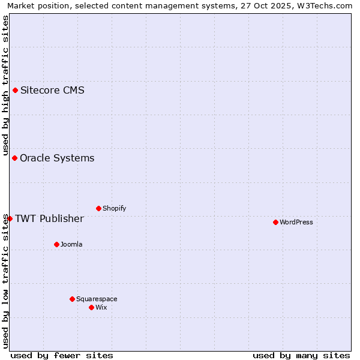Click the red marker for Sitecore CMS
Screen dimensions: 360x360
click(15, 91)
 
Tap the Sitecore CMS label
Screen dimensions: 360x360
click(52, 91)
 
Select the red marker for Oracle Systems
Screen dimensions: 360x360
click(14, 158)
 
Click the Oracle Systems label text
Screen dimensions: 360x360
click(57, 158)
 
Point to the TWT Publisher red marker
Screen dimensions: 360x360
click(10, 218)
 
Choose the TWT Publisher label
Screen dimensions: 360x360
click(49, 218)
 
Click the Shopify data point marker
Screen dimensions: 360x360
click(98, 209)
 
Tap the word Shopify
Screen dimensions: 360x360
click(114, 209)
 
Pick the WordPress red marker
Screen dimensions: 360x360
click(275, 223)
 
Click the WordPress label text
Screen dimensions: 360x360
click(296, 223)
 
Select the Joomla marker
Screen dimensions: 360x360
click(56, 245)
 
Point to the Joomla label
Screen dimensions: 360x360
click(71, 245)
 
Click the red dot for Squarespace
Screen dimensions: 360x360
click(72, 299)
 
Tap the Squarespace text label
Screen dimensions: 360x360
click(97, 299)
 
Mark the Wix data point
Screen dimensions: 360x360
click(91, 308)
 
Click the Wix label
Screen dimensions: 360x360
click(101, 308)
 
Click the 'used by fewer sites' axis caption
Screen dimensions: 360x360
click(62, 355)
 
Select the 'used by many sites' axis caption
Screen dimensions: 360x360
click(301, 355)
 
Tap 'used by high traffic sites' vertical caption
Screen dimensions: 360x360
click(5, 83)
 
